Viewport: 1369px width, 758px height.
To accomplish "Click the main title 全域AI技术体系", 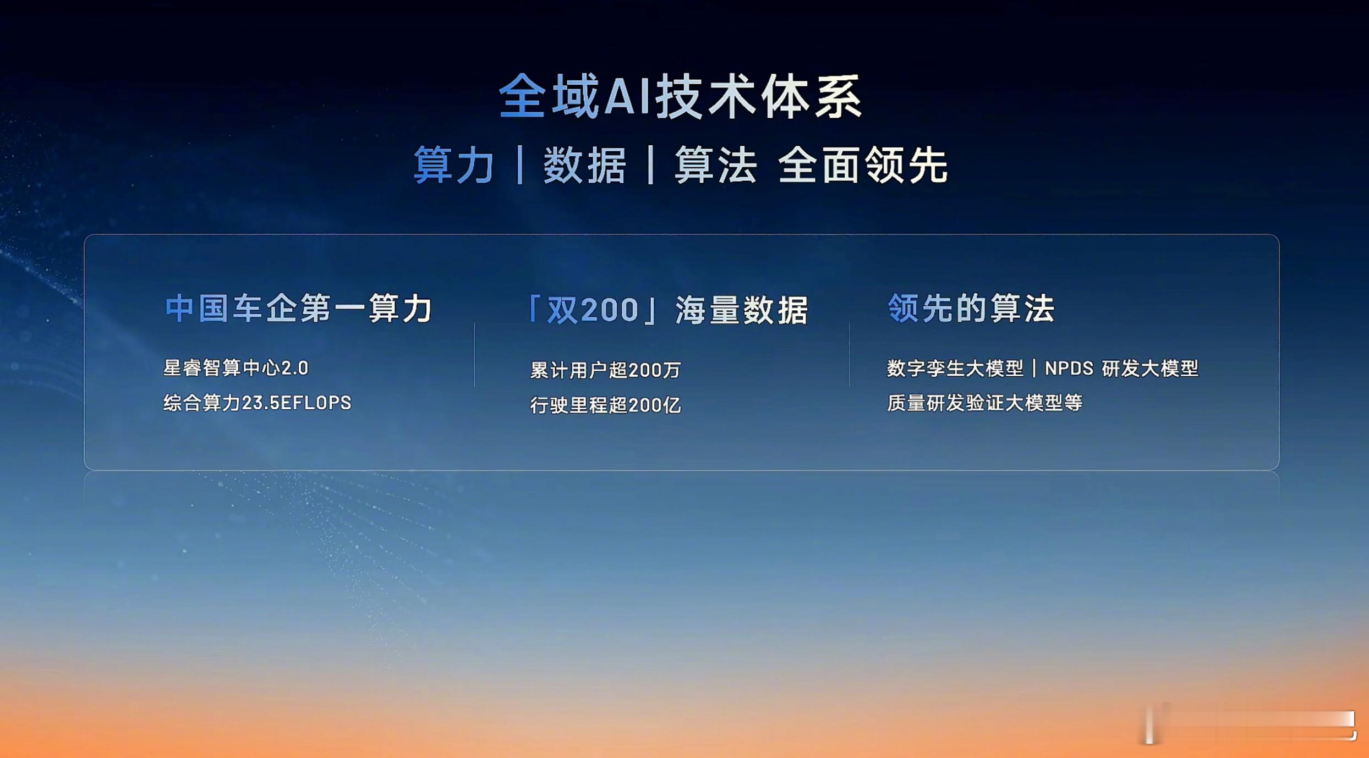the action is tap(681, 96).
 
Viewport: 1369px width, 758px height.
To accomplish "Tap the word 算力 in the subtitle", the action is tap(454, 164).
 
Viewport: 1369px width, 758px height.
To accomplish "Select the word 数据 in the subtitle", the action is tap(585, 164).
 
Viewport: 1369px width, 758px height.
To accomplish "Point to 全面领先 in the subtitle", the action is tap(863, 164).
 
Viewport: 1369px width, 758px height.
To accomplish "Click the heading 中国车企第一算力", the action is tap(299, 308).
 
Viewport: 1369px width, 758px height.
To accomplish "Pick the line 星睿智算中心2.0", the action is tap(236, 367).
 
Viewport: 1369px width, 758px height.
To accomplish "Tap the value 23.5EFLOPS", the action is tap(297, 403).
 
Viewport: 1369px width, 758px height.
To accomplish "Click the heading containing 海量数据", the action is tap(667, 310).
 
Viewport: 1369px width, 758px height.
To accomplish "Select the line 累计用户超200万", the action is tap(605, 370).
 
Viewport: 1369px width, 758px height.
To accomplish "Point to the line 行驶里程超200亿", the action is tap(605, 405).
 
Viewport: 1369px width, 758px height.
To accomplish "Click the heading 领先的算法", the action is tap(971, 308).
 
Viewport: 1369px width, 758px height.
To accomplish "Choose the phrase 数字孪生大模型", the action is tap(955, 368).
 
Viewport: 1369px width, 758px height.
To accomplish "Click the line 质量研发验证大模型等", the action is tap(985, 403).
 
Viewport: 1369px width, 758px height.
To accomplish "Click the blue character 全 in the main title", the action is tap(522, 96).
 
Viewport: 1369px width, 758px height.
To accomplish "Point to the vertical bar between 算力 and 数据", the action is tap(520, 164).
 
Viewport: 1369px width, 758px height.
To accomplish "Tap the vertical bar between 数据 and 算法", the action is tap(651, 164).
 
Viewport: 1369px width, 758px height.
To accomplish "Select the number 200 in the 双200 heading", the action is tap(610, 310).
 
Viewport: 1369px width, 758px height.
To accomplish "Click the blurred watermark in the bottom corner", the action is tap(1249, 723).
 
